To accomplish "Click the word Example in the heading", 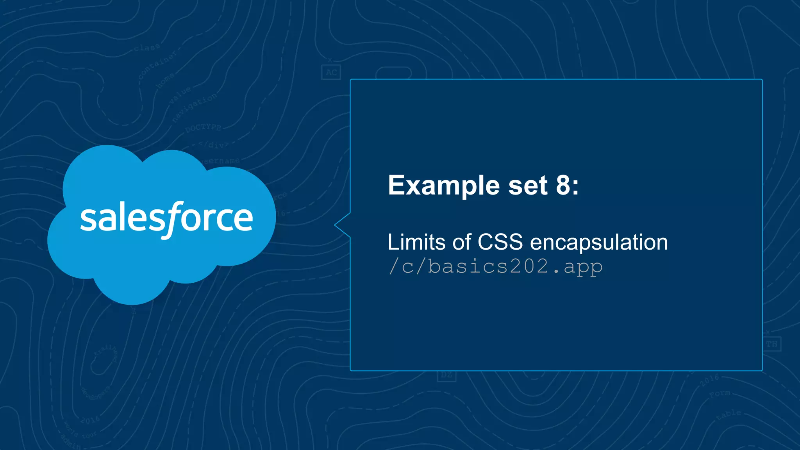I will tap(443, 186).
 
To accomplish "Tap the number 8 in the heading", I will tap(563, 185).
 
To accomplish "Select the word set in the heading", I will tap(528, 186).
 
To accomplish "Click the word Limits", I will tap(416, 242).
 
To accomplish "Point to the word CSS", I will tap(500, 242).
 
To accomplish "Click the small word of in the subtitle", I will tap(462, 242).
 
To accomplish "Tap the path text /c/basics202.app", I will tap(495, 267).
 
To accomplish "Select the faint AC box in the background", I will tap(331, 72).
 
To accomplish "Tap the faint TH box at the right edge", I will tap(771, 344).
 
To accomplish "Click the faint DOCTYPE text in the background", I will tap(203, 128).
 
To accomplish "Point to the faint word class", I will tap(147, 48).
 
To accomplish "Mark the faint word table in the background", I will tap(729, 415).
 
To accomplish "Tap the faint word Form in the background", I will tap(720, 393).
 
